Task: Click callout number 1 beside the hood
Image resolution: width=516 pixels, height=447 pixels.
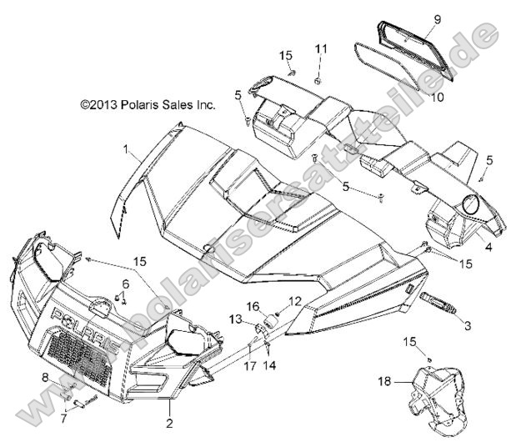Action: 150,150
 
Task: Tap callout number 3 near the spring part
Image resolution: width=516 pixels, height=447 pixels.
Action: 467,324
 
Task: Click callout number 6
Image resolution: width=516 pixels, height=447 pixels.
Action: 128,284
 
